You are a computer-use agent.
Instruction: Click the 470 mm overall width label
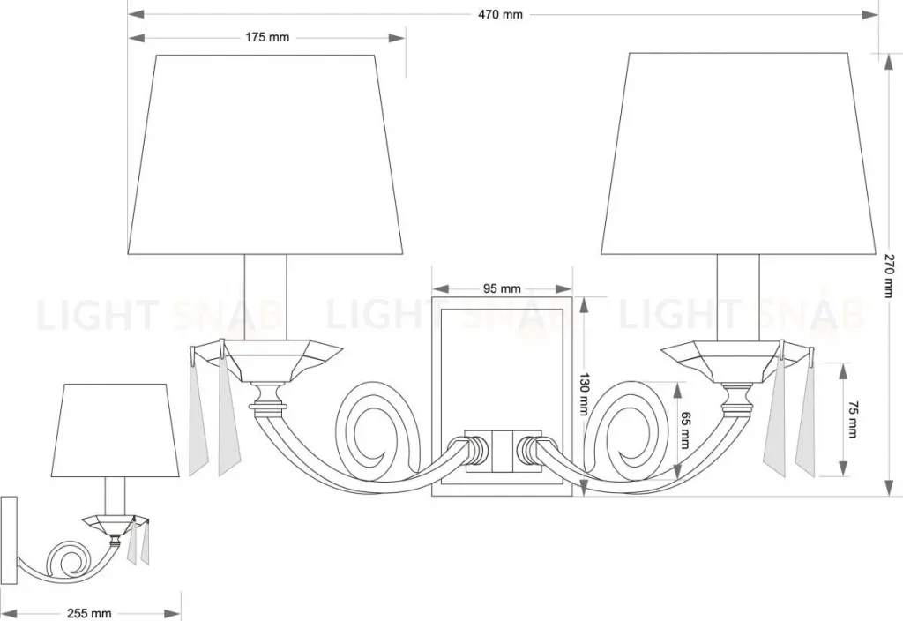click(500, 14)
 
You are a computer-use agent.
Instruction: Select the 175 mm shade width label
click(267, 37)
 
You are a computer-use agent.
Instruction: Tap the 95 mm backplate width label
click(502, 288)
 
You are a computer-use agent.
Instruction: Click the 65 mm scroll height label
click(684, 430)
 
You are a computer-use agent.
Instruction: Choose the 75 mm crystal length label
click(853, 419)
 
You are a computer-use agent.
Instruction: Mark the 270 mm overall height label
click(890, 276)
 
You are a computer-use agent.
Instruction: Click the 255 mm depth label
click(89, 614)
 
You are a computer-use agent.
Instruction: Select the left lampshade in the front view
click(265, 154)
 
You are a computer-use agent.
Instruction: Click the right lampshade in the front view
click(739, 153)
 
